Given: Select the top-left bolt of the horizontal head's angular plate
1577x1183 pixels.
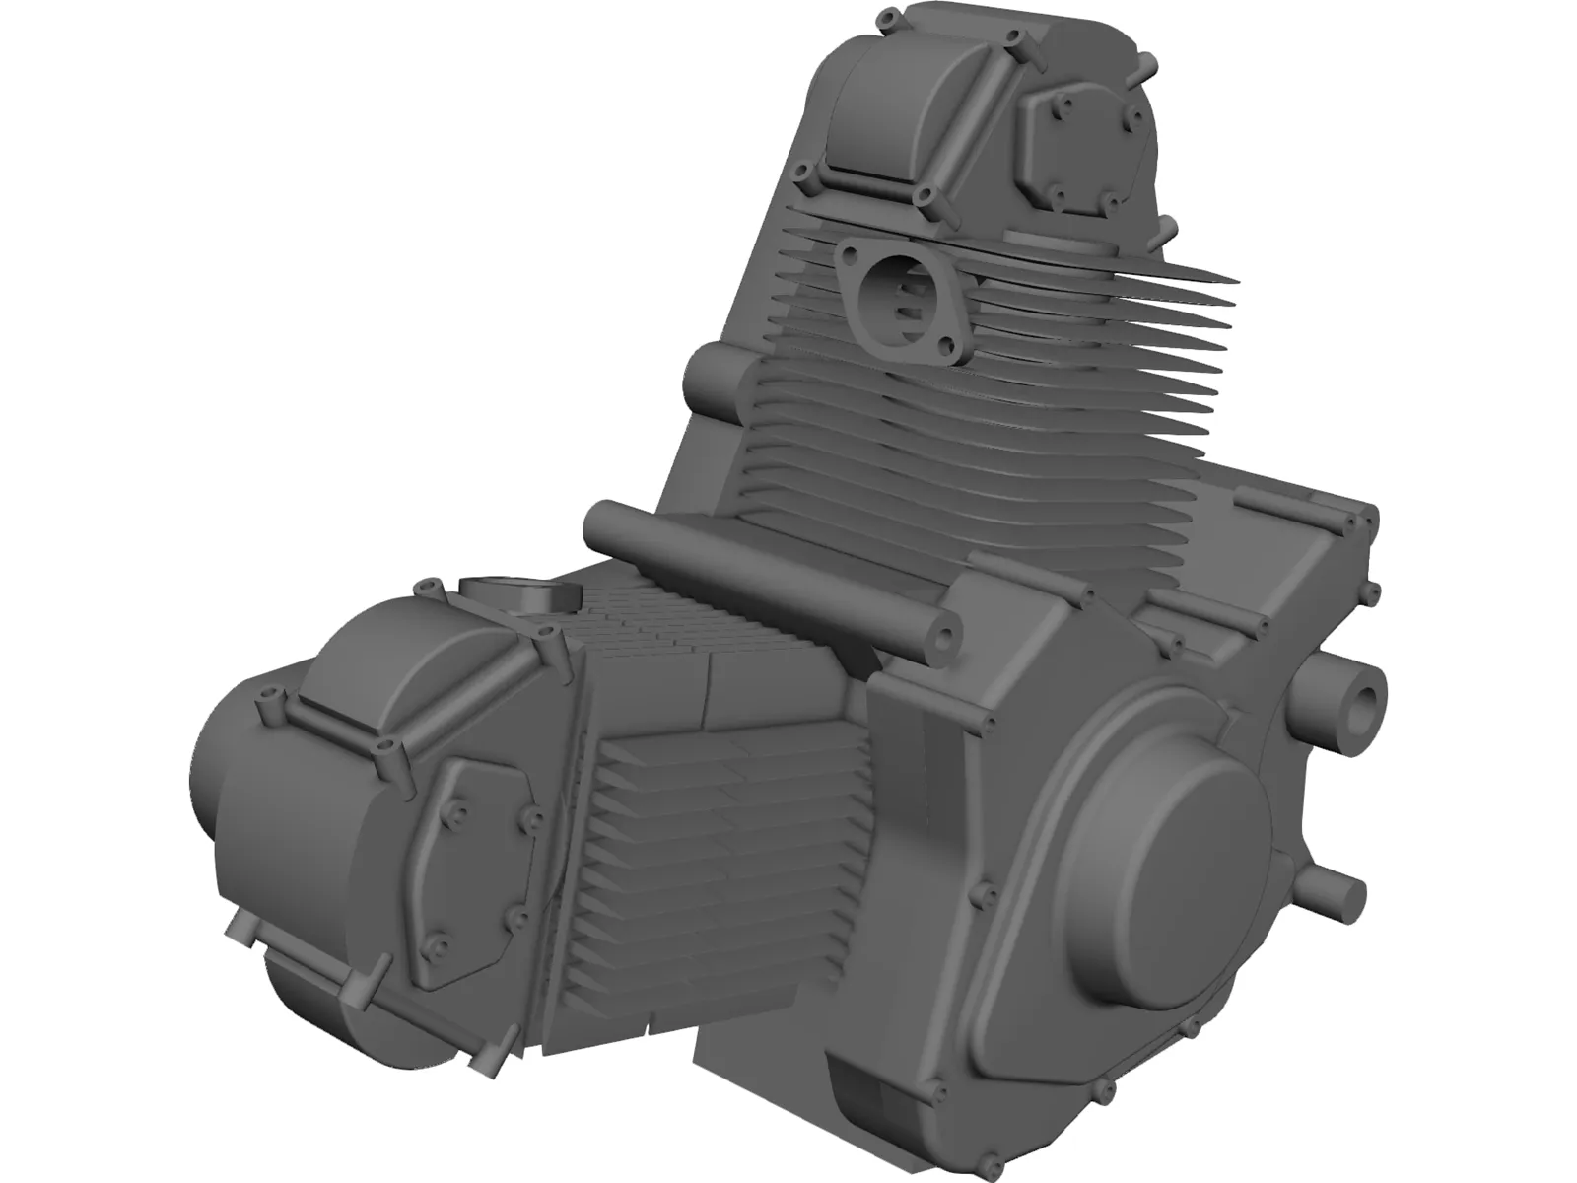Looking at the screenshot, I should tap(458, 786).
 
